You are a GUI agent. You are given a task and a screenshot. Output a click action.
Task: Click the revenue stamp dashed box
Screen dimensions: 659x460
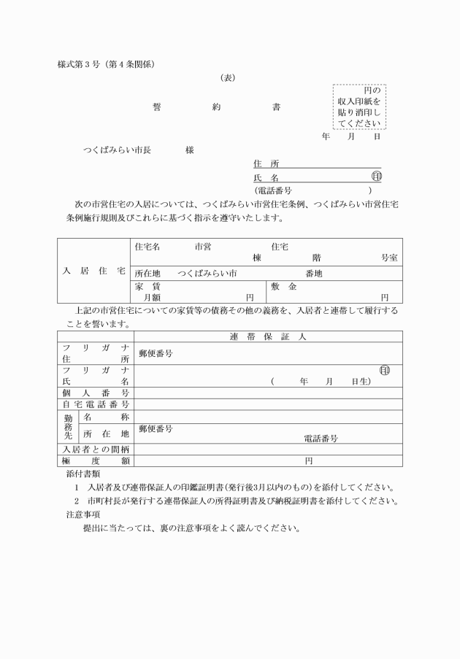(359, 107)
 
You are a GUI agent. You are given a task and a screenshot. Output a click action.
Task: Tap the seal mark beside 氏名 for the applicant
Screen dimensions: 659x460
(376, 177)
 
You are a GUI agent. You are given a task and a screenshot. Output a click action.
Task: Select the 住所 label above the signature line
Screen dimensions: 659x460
(261, 164)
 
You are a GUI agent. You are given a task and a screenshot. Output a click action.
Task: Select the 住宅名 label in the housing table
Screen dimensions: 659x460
(147, 247)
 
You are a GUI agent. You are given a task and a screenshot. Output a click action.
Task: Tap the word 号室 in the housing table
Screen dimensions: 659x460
(389, 258)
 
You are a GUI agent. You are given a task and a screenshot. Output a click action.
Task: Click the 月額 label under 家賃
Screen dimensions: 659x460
(152, 297)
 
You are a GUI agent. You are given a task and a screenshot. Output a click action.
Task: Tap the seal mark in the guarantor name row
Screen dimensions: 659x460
(384, 371)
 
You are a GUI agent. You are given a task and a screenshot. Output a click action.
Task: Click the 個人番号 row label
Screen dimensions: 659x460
(96, 393)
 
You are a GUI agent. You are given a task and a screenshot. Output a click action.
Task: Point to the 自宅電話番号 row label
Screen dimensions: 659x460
(96, 404)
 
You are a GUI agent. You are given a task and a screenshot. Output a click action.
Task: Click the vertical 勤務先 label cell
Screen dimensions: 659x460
(68, 427)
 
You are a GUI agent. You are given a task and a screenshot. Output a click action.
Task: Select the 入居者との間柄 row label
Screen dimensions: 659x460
(96, 449)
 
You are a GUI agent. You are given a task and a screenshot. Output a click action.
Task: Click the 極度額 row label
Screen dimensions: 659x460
(96, 460)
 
